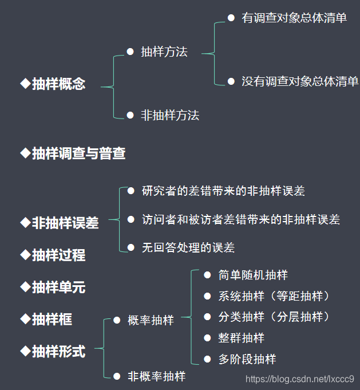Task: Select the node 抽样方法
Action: pos(164,52)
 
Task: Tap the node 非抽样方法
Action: pos(170,115)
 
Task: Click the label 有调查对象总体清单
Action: pos(294,18)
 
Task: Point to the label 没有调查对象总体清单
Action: pos(300,81)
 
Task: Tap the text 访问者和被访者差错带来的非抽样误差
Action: pos(241,219)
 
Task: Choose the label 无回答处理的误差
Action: pos(188,247)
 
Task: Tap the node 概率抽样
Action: pos(151,320)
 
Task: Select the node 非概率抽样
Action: pos(156,376)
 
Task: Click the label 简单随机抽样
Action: pos(253,275)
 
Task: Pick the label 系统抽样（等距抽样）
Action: pos(275,296)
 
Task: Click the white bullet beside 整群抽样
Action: pos(207,338)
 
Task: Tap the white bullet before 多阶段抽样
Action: pos(207,359)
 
